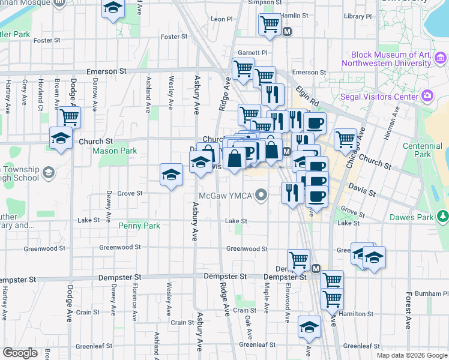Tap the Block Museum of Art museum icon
[441, 58]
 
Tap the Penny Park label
[139, 226]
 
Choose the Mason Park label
[115, 151]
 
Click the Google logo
[20, 353]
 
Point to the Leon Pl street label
[221, 19]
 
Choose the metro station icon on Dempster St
[316, 268]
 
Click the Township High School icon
[49, 173]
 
